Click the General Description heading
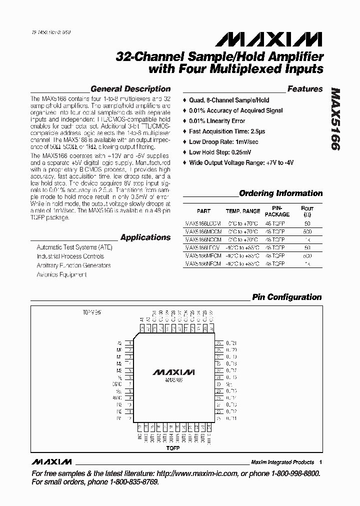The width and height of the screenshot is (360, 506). [x=130, y=89]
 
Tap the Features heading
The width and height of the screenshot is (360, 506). [x=305, y=89]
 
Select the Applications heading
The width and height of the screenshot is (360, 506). [x=145, y=237]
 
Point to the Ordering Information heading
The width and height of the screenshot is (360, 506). [x=280, y=193]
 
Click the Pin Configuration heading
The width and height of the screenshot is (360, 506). [x=286, y=297]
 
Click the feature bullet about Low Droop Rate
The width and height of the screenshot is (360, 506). [x=223, y=142]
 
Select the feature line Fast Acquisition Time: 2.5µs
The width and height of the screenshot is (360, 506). [x=227, y=131]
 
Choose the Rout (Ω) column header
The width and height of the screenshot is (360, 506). [x=307, y=211]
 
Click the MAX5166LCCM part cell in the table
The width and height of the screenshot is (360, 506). [x=202, y=223]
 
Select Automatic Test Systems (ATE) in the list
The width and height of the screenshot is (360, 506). [x=74, y=247]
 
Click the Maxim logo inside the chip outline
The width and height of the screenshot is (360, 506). [x=173, y=373]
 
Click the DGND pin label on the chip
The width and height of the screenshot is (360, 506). [x=116, y=384]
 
